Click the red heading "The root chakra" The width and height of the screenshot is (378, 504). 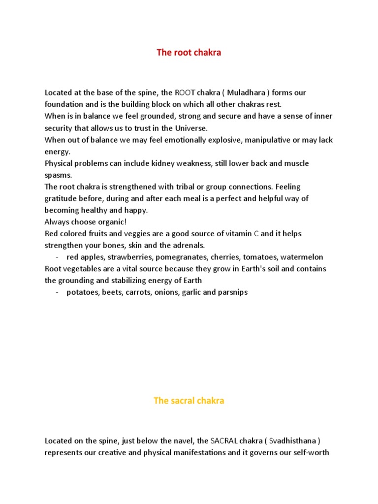click(189, 53)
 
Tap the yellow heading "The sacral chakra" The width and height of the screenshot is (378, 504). click(189, 401)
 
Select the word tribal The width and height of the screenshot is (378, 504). click(180, 187)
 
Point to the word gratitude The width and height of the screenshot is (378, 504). click(62, 198)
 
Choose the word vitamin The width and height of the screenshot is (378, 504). click(237, 233)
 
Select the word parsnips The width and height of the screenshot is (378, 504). click(231, 292)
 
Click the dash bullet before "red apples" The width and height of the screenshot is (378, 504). click(58, 257)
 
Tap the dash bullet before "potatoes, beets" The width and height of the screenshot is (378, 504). click(58, 292)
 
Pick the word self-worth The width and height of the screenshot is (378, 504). click(308, 453)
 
